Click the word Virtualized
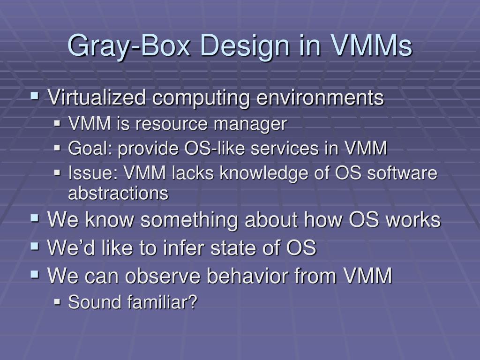click(x=96, y=98)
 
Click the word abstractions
click(x=118, y=193)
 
